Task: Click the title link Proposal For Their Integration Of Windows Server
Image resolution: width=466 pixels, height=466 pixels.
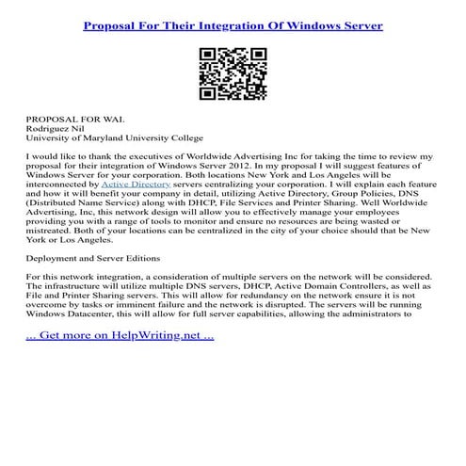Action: (233, 25)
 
